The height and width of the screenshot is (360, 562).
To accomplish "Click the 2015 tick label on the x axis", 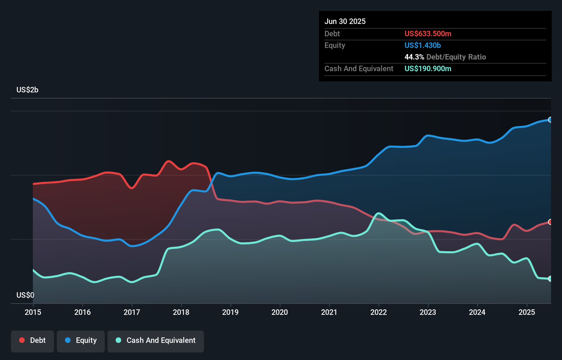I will [33, 312].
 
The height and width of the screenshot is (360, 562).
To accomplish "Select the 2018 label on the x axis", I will [181, 312].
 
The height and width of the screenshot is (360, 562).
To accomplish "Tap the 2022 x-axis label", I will [379, 312].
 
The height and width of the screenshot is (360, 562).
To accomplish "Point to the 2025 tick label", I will [527, 312].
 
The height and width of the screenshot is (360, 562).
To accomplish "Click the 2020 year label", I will [280, 312].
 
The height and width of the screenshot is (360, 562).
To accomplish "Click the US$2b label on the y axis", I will [27, 90].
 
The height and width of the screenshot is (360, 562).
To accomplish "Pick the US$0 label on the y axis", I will [25, 295].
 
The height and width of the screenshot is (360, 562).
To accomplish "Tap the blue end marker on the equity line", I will [550, 120].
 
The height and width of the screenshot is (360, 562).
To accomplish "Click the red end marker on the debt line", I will [550, 222].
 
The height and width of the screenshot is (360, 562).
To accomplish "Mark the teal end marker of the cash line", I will [550, 279].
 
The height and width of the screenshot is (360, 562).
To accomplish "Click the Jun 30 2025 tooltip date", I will [345, 22].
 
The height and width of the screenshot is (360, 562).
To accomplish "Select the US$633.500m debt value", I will [428, 34].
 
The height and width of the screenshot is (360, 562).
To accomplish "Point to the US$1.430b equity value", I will [422, 46].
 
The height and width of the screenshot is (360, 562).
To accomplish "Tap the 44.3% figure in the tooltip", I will [414, 57].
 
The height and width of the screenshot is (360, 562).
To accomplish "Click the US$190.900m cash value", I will [428, 69].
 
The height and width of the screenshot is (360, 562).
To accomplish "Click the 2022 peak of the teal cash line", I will [378, 214].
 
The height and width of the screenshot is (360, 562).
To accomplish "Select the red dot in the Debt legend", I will [22, 340].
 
